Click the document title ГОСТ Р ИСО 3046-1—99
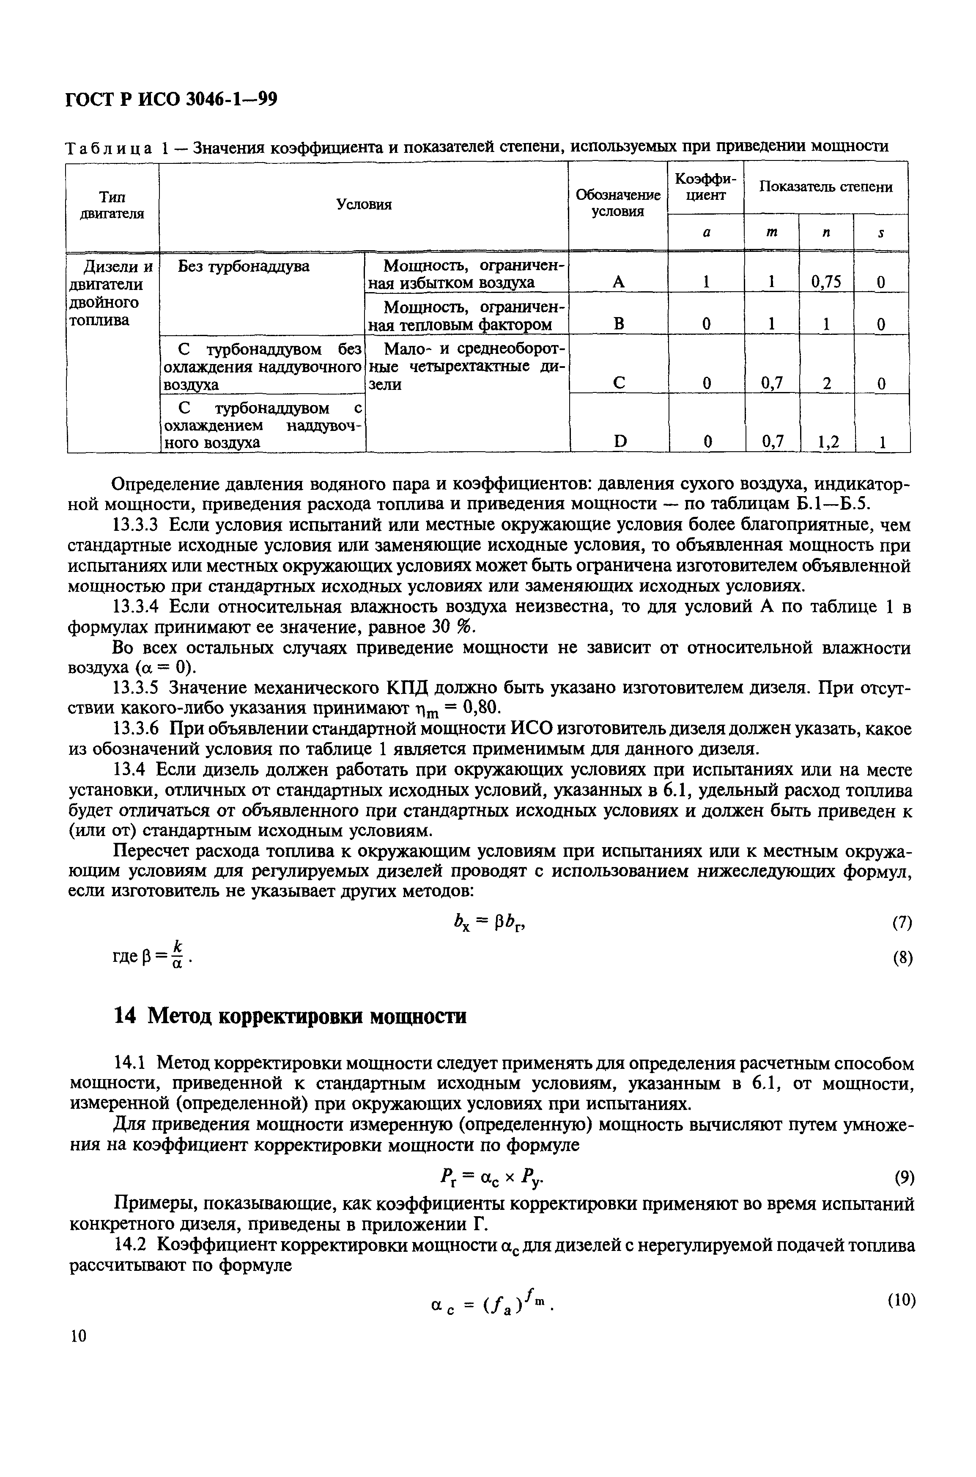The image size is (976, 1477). pos(171,99)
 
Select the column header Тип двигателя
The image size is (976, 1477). pos(112,205)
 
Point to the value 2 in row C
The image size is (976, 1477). pos(827,384)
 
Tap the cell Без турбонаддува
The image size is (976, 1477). pos(244,267)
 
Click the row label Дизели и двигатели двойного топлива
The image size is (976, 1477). pos(112,293)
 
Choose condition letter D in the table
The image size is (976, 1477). pos(620,442)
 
